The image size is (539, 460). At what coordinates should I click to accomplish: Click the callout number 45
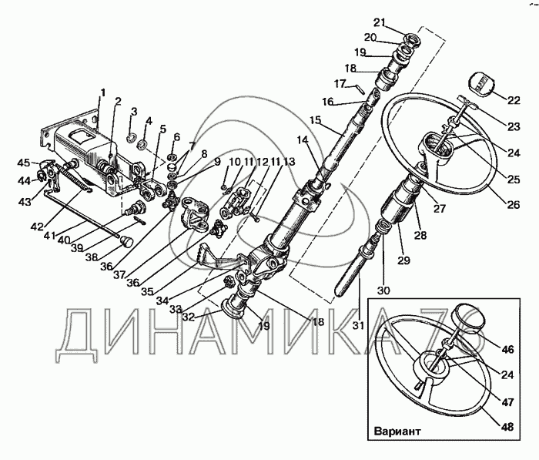(x=24, y=163)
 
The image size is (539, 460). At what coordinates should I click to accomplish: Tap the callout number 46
(x=507, y=349)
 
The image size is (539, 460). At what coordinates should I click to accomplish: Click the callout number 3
(x=133, y=112)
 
